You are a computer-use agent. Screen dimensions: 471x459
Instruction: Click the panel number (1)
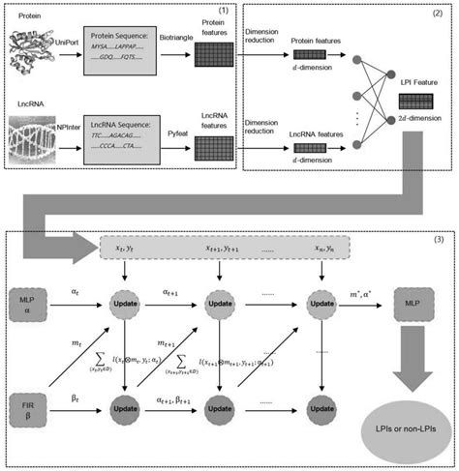250,10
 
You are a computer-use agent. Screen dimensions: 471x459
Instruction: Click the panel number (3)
442,238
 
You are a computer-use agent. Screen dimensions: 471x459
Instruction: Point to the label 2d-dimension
416,115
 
